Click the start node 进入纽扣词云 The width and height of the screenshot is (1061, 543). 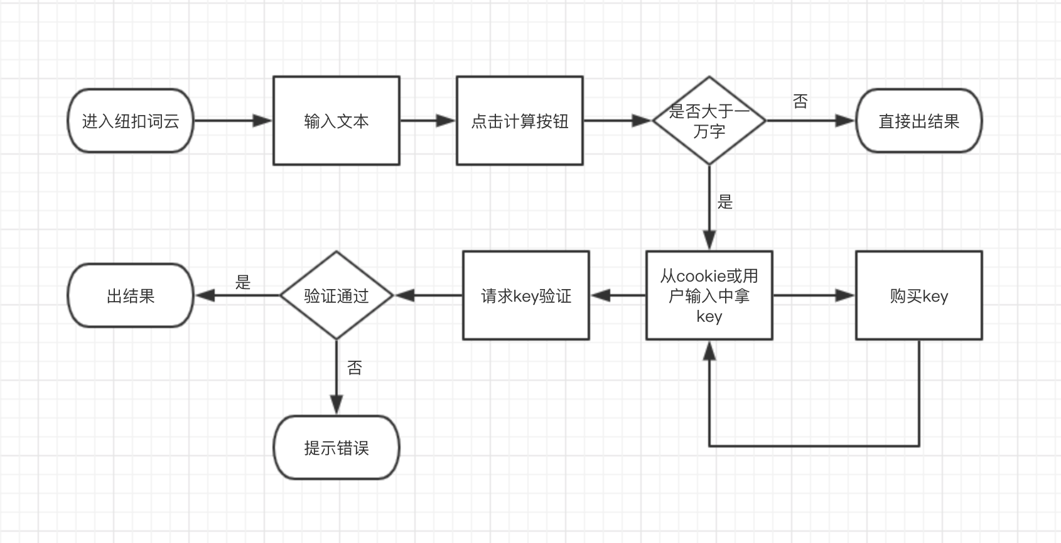click(131, 121)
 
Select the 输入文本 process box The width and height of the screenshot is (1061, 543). click(336, 121)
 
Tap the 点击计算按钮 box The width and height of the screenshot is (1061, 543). click(519, 121)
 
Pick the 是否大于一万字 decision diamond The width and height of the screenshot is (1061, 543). click(709, 121)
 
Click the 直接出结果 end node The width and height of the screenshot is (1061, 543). click(918, 121)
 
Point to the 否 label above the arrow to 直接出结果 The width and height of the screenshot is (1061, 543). click(800, 101)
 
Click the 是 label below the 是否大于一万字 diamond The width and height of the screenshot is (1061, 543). click(725, 202)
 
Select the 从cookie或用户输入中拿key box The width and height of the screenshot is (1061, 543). click(709, 295)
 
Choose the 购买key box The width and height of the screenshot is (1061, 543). click(918, 295)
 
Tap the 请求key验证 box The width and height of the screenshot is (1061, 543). click(525, 295)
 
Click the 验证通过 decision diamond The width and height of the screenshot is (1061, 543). click(336, 295)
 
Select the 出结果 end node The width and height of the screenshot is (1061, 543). click(131, 295)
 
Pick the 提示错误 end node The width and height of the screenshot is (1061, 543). click(336, 447)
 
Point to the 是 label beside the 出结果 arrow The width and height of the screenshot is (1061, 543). click(243, 282)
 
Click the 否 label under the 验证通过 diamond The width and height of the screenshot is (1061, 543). click(355, 368)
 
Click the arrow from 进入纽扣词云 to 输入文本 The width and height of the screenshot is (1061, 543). click(232, 121)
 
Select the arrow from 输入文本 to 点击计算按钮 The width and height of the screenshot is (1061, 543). click(428, 121)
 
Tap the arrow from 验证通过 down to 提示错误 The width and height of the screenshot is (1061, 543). click(337, 377)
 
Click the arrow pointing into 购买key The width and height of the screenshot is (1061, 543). click(814, 295)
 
